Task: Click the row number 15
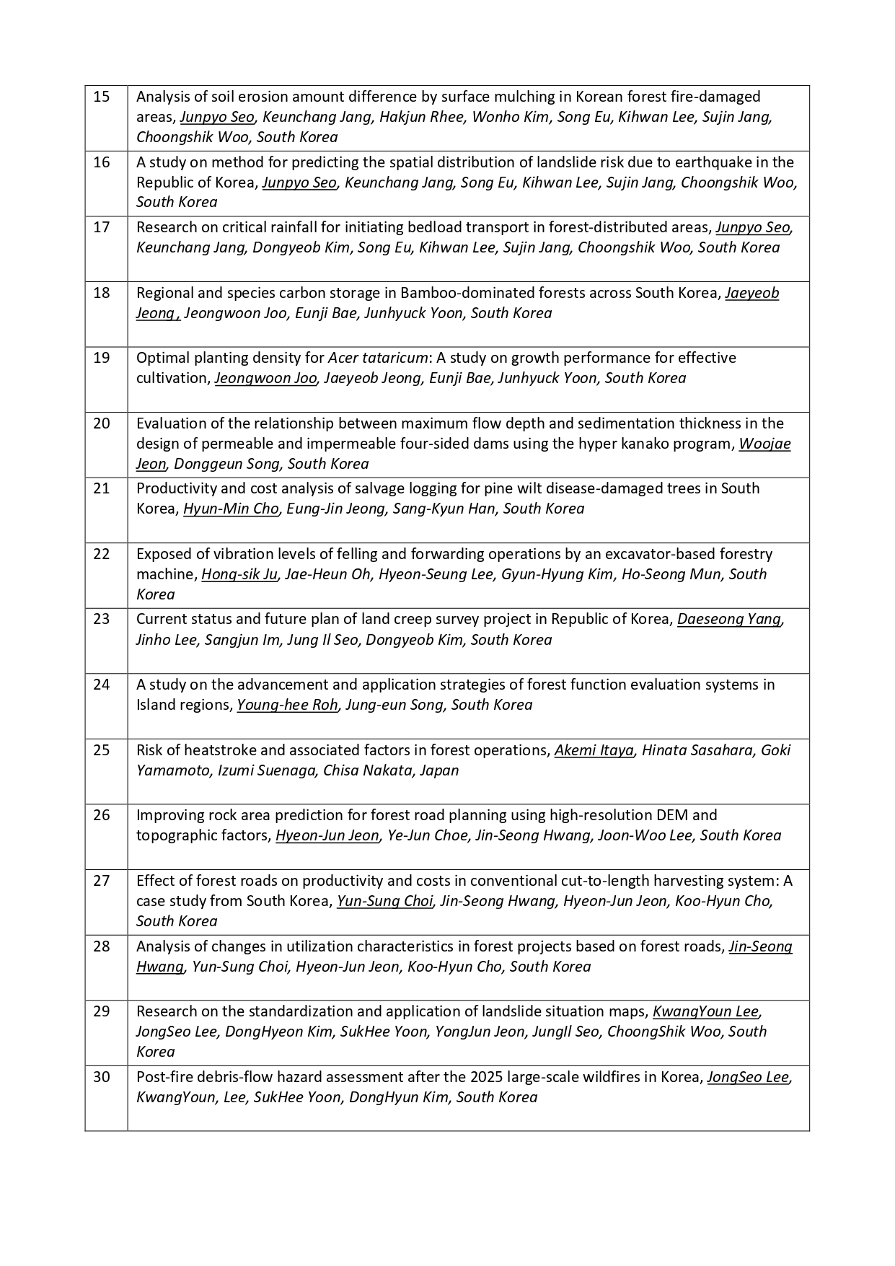click(102, 97)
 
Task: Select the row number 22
click(102, 554)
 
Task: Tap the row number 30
click(102, 1077)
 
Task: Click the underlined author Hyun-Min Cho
click(231, 509)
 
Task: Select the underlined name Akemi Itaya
click(594, 750)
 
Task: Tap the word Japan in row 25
click(439, 770)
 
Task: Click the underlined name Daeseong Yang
click(729, 620)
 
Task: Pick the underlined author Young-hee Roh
click(287, 705)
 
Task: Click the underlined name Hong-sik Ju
click(239, 574)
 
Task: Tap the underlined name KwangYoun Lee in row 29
click(705, 1011)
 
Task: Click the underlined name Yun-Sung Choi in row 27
click(384, 901)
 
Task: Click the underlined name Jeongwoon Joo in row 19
click(265, 378)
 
